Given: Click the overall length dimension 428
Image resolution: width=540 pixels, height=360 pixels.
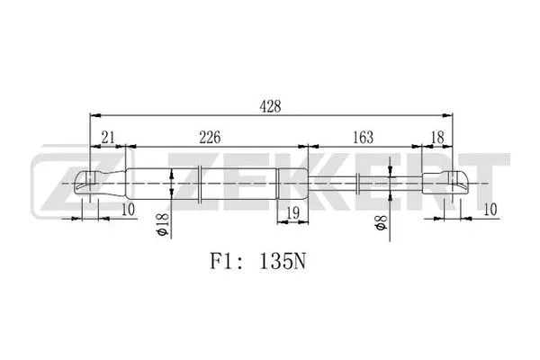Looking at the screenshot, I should point(270,106).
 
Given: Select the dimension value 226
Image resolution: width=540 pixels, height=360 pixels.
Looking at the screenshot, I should point(210,137).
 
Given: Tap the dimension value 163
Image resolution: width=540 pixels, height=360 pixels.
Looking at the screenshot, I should point(363,137).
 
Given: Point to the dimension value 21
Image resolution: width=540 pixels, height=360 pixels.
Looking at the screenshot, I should point(107,137).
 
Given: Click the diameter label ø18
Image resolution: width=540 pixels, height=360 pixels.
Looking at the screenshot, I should point(163,222).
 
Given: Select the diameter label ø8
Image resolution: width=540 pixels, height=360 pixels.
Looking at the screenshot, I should point(381,224).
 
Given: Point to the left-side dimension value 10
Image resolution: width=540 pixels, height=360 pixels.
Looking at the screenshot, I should point(127,211).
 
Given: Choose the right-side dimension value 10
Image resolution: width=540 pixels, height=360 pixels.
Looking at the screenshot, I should point(489,211).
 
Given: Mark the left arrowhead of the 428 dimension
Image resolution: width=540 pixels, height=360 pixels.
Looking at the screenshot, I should point(94,115).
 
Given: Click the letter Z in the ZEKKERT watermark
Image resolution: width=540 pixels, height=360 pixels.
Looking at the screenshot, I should point(56,183).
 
